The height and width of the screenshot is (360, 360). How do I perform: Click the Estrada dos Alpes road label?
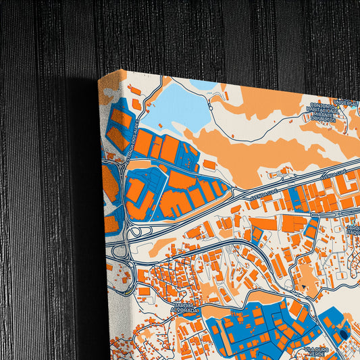tap(128, 141)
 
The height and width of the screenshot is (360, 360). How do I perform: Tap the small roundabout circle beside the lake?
tap(211, 107)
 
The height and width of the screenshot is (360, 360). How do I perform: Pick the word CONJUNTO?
tap(324, 105)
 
